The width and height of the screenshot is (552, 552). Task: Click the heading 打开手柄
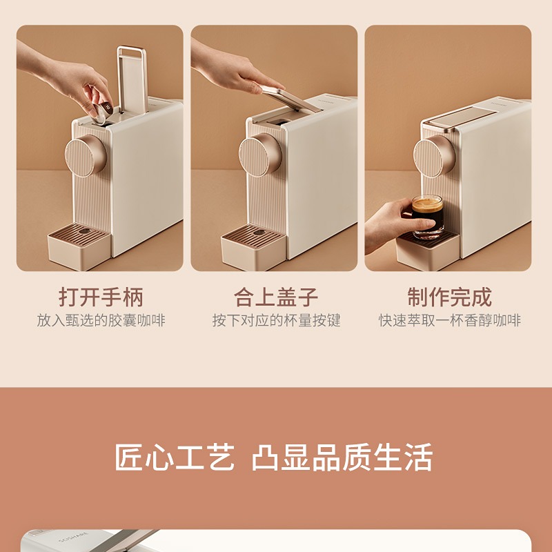pos(101,297)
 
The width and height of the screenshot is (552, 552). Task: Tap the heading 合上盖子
pos(276,297)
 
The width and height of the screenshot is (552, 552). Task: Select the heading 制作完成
pos(450,297)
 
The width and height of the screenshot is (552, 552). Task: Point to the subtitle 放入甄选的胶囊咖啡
pos(101,321)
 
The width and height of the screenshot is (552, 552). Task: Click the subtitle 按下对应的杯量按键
pos(277,321)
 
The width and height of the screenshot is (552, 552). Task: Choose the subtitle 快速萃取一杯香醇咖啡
pos(450,321)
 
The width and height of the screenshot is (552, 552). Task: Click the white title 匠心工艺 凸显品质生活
pos(273,457)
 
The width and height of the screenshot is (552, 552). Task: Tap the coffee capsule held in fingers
pos(103,112)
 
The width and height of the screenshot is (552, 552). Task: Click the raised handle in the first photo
pos(132,79)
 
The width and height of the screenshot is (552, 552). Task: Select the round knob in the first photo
pos(86,155)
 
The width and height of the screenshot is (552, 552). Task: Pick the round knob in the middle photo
pos(260,154)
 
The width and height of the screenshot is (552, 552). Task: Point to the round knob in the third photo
pos(435,156)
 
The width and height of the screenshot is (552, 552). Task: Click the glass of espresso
pos(427,216)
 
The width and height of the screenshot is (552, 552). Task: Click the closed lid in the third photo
pos(460,117)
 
